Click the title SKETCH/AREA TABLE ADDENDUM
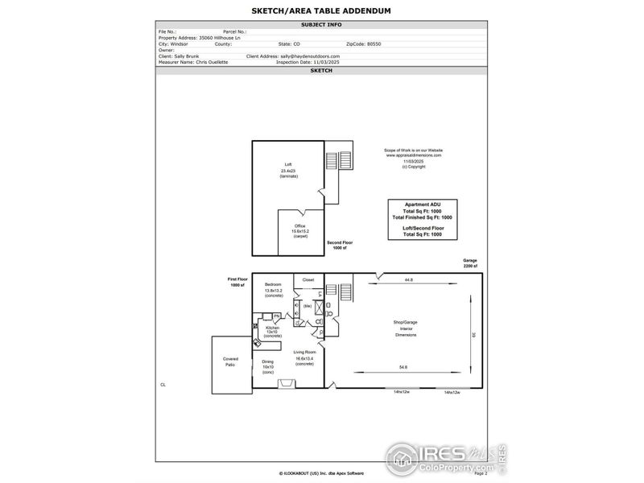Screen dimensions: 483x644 [322, 11]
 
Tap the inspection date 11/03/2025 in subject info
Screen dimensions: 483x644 [321, 61]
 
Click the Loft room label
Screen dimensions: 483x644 [288, 165]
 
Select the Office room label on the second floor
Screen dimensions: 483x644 [299, 226]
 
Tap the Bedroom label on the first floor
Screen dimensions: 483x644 [274, 285]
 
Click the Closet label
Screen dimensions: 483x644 [308, 279]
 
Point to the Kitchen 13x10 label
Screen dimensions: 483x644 [273, 329]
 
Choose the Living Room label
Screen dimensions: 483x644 [304, 353]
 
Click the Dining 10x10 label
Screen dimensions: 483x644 [267, 364]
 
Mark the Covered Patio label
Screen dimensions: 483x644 [230, 362]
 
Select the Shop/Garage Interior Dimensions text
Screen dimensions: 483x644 [406, 328]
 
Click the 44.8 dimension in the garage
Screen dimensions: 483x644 [409, 279]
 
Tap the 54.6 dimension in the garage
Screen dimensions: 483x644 [402, 368]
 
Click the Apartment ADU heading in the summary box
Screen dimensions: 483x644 [422, 204]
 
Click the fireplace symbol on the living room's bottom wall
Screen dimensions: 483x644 [286, 384]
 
